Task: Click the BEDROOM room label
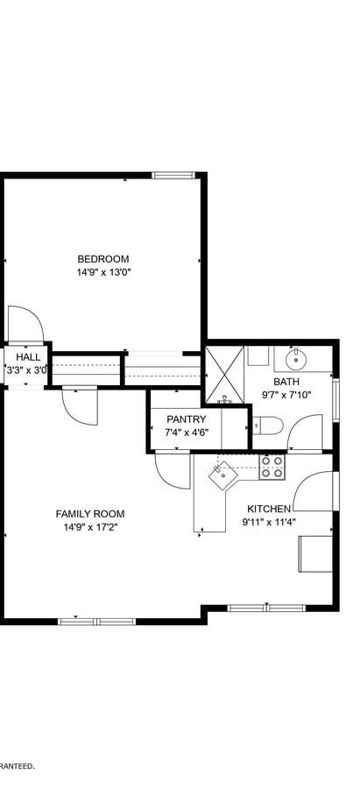(102, 258)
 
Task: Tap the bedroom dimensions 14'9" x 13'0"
(102, 272)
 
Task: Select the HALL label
(27, 357)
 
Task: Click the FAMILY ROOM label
(89, 514)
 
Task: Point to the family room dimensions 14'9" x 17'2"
(89, 528)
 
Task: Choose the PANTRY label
(186, 419)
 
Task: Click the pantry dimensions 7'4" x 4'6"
(186, 433)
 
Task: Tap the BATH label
(286, 381)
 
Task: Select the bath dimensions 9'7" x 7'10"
(286, 395)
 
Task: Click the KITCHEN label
(269, 509)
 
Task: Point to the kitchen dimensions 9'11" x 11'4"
(269, 523)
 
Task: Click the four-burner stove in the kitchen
(272, 467)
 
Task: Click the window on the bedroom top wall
(172, 175)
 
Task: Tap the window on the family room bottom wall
(96, 622)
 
